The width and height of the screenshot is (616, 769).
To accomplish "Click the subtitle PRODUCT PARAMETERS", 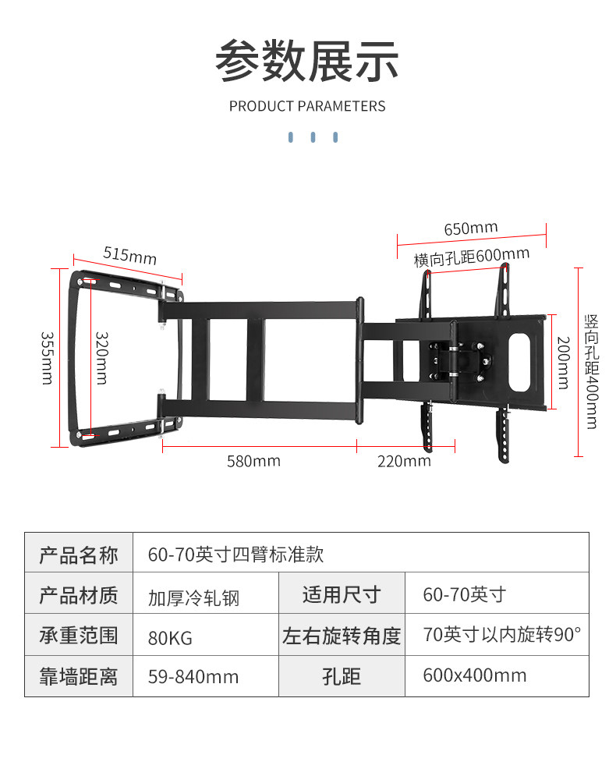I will pyautogui.click(x=307, y=106).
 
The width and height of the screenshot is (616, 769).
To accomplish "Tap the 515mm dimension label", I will pyautogui.click(x=130, y=255).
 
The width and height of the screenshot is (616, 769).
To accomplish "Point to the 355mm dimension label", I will pyautogui.click(x=46, y=358).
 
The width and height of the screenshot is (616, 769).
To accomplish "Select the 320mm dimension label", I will pyautogui.click(x=101, y=358).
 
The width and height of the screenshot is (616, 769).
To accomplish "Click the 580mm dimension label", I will pyautogui.click(x=253, y=461).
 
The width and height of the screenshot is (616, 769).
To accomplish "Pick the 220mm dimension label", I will pyautogui.click(x=404, y=461).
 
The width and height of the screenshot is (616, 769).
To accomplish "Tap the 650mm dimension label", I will pyautogui.click(x=471, y=229).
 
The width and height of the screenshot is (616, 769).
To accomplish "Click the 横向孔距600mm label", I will pyautogui.click(x=472, y=256).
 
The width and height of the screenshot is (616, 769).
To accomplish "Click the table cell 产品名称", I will pyautogui.click(x=79, y=555).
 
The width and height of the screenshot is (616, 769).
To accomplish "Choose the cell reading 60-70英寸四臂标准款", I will pyautogui.click(x=235, y=555).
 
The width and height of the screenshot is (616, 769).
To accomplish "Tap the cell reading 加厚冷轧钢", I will pyautogui.click(x=193, y=597).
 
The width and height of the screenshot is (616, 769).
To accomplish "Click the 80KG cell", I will pyautogui.click(x=170, y=637).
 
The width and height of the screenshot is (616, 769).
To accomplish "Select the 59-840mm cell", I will pyautogui.click(x=193, y=677).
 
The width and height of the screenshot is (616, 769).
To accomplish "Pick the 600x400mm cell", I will pyautogui.click(x=474, y=676).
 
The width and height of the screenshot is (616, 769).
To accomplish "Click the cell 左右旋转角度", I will pyautogui.click(x=342, y=636).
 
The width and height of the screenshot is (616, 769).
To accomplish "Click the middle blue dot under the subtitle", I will pyautogui.click(x=313, y=137).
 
